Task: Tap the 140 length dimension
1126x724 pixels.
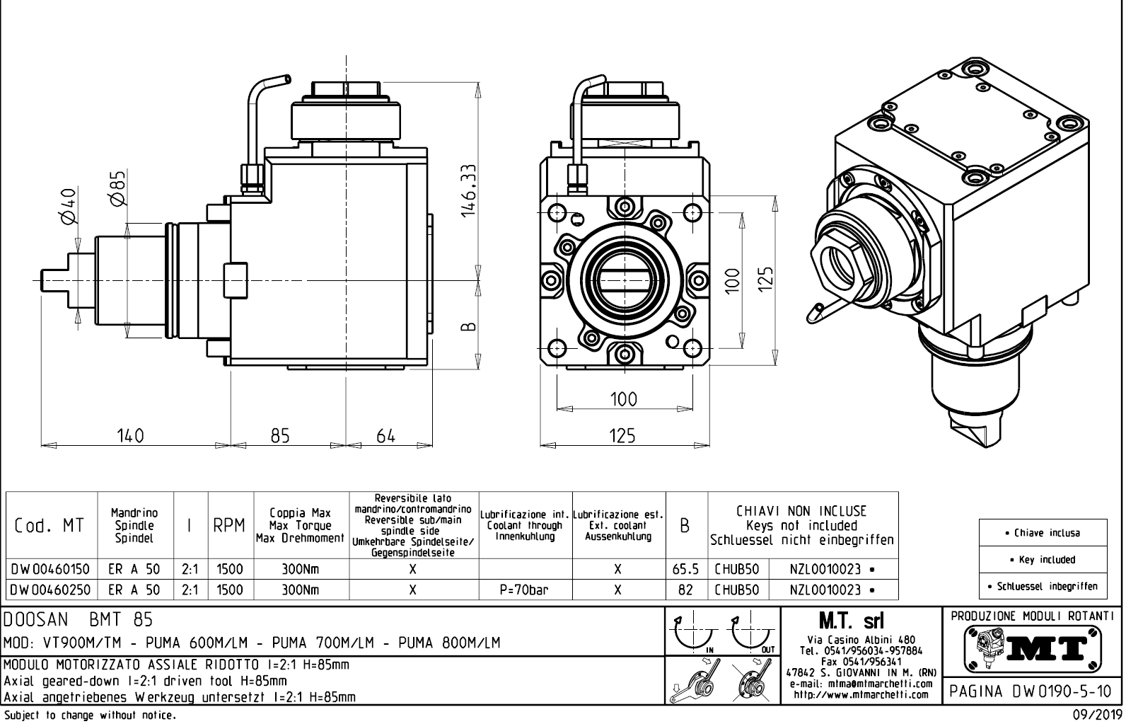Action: coord(130,435)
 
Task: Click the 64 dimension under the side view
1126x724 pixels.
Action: coord(385,435)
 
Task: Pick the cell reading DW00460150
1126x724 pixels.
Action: coord(50,569)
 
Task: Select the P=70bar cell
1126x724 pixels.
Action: coord(524,590)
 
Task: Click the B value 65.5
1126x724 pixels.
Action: coord(685,569)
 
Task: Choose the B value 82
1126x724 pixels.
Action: coord(685,590)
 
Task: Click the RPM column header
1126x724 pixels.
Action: coord(229,526)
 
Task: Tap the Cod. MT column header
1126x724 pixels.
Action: coord(50,526)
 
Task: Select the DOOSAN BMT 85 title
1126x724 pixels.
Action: coord(78,621)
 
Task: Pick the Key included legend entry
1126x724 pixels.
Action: coord(1043,559)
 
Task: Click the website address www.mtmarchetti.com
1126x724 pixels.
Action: coord(860,694)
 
